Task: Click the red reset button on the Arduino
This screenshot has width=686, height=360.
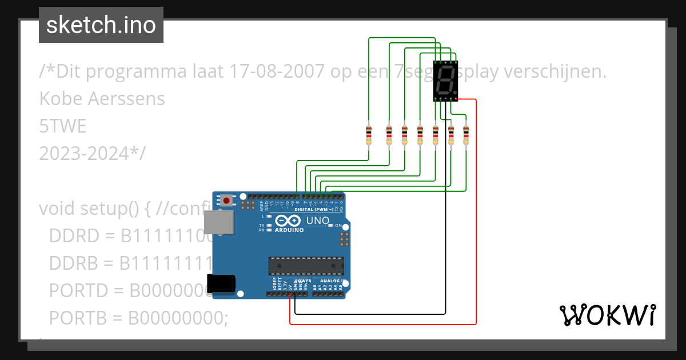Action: pyautogui.click(x=228, y=201)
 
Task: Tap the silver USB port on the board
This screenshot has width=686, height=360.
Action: pyautogui.click(x=219, y=222)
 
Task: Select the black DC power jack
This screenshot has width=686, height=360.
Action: pyautogui.click(x=221, y=283)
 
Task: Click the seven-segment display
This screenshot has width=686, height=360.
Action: pyautogui.click(x=445, y=81)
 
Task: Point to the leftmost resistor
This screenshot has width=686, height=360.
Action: pyautogui.click(x=369, y=135)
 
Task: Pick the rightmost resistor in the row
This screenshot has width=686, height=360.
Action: pyautogui.click(x=466, y=135)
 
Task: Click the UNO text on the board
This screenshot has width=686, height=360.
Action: pyautogui.click(x=318, y=221)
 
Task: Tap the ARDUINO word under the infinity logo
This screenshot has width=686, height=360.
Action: pyautogui.click(x=289, y=230)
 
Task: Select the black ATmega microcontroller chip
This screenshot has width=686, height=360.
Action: pyautogui.click(x=306, y=266)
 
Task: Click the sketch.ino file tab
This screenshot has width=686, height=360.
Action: pyautogui.click(x=101, y=25)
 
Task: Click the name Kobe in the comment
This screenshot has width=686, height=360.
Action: pyautogui.click(x=61, y=99)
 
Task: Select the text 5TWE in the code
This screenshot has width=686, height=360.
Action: pyautogui.click(x=63, y=126)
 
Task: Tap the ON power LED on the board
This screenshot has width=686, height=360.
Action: pyautogui.click(x=331, y=225)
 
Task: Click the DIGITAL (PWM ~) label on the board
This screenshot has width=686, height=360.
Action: pyautogui.click(x=313, y=209)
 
